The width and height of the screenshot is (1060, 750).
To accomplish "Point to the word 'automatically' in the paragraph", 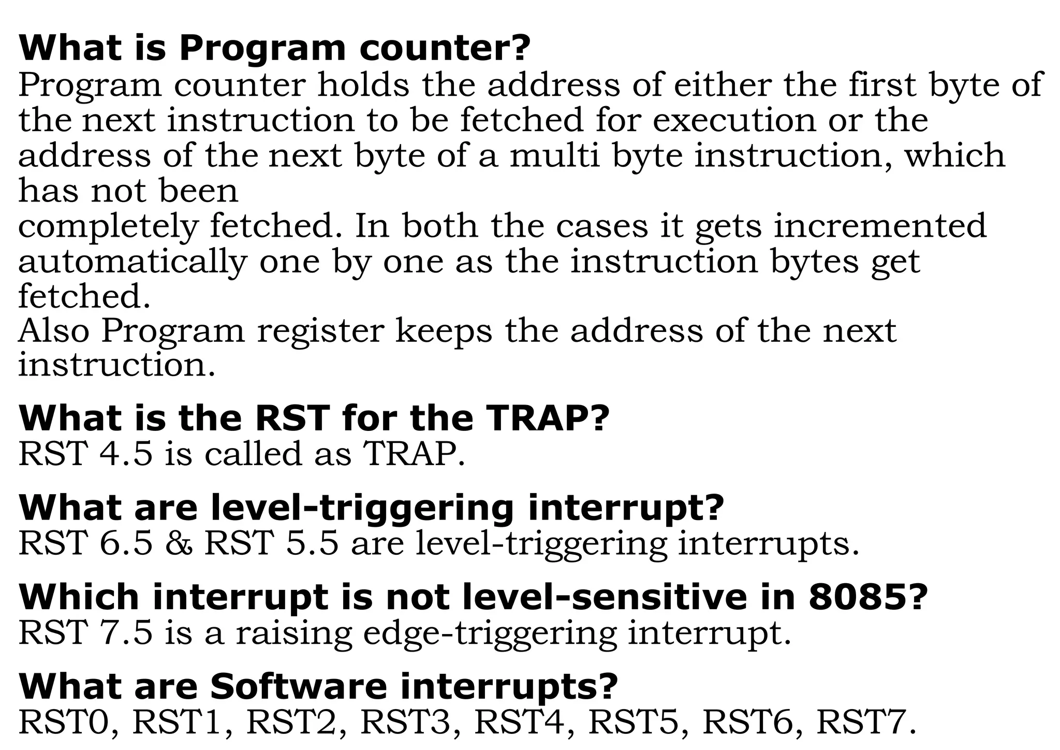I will (132, 262).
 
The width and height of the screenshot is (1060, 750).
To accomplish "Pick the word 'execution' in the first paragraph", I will (734, 120).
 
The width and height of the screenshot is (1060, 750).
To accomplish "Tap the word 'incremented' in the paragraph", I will (880, 226).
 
